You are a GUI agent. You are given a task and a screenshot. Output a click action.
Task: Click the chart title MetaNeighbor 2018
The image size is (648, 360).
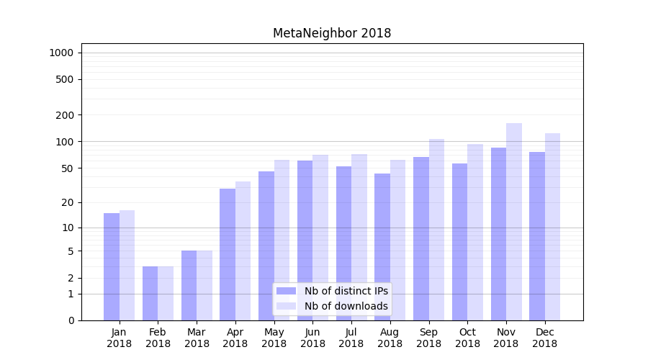pos(332,33)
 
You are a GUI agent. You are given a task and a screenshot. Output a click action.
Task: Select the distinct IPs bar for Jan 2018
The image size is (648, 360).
pos(112,266)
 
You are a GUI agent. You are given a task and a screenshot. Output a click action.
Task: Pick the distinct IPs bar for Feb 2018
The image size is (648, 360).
pos(150,293)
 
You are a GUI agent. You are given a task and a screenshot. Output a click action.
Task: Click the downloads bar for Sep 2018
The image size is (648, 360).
pos(436,230)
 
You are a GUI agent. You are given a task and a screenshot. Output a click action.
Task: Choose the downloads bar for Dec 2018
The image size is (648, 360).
pos(552,227)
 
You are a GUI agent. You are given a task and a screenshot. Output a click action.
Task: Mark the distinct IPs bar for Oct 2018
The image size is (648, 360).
pos(459,242)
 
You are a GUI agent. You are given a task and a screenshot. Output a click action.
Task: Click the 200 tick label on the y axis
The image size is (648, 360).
pos(66,115)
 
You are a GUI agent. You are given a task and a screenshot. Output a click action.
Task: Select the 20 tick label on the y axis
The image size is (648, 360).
pos(68,202)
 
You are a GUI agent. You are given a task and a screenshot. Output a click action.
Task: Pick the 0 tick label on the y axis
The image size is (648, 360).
pos(71,320)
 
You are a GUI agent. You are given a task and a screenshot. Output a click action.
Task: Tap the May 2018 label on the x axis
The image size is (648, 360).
pos(274,338)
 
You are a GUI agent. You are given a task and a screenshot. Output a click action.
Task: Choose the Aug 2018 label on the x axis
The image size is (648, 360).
pos(390,338)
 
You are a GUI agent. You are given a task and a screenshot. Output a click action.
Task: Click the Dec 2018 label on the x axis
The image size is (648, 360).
pos(544,338)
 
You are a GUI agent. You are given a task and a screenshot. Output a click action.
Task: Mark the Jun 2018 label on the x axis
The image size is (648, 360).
pos(312,338)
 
